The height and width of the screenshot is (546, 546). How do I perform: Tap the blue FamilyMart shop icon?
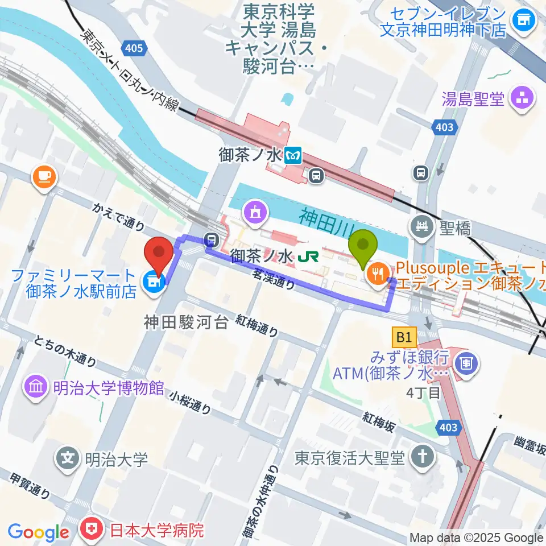click(152, 281)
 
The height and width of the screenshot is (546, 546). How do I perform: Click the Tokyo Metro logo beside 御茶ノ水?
click(293, 155)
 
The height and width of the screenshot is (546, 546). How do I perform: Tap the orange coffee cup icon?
click(44, 177)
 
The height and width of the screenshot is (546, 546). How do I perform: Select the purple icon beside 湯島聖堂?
click(522, 99)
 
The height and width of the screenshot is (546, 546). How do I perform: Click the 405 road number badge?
click(133, 48)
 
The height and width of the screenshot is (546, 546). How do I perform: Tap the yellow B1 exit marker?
click(404, 338)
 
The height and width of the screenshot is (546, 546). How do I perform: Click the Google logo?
click(39, 532)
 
